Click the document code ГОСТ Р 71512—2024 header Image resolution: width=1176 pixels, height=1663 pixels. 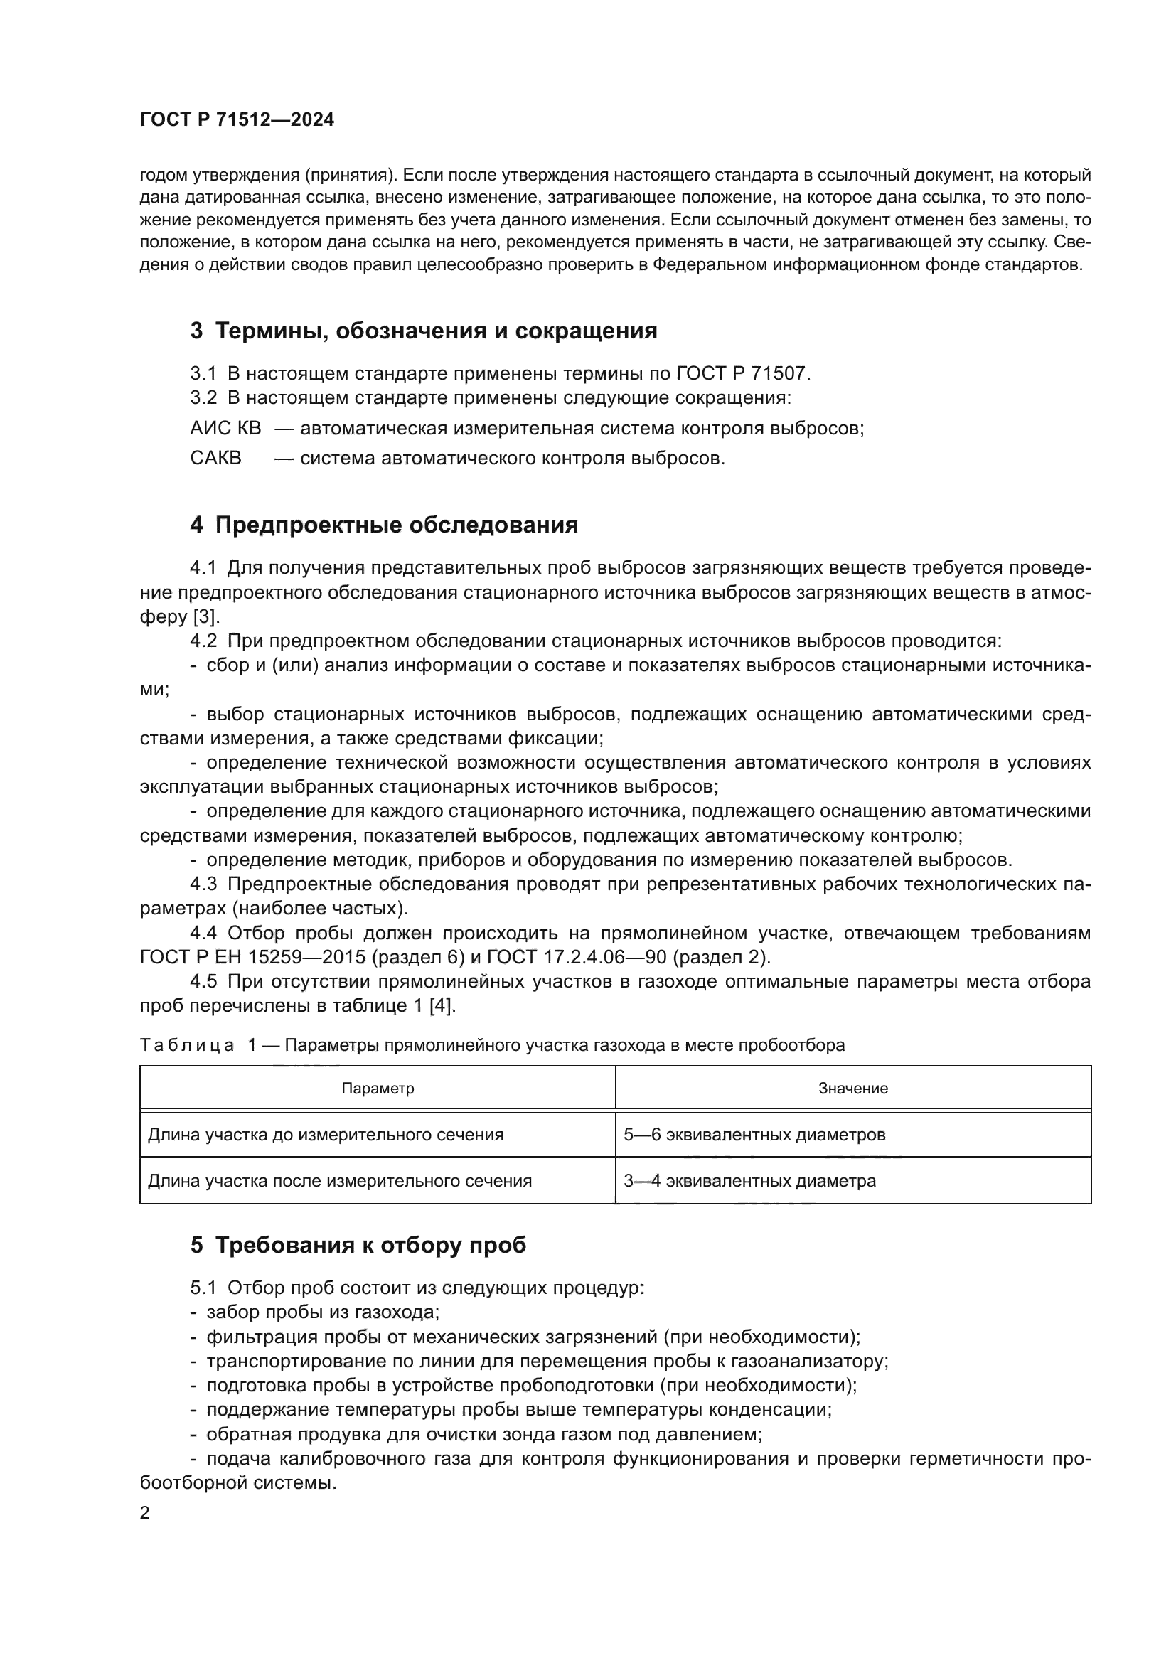[237, 120]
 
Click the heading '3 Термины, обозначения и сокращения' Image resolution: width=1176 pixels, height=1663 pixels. [424, 331]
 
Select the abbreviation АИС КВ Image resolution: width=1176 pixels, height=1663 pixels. [225, 428]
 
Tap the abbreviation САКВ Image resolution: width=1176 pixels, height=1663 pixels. [216, 458]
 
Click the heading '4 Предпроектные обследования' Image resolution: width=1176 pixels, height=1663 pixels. [384, 525]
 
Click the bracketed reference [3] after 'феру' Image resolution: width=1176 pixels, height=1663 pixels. [205, 616]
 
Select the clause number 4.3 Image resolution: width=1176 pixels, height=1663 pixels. [203, 884]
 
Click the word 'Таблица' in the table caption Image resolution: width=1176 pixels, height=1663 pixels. [187, 1045]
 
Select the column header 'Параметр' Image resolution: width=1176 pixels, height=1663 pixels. [378, 1088]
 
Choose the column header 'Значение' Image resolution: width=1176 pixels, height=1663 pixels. [852, 1088]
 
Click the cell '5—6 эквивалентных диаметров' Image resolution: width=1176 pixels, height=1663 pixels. [754, 1134]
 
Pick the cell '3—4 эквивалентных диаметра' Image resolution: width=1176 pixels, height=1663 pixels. [749, 1181]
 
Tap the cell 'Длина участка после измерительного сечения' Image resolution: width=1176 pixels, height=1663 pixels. [340, 1181]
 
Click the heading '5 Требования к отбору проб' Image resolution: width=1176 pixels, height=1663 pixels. [358, 1245]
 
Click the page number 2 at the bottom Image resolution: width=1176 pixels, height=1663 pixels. [145, 1512]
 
